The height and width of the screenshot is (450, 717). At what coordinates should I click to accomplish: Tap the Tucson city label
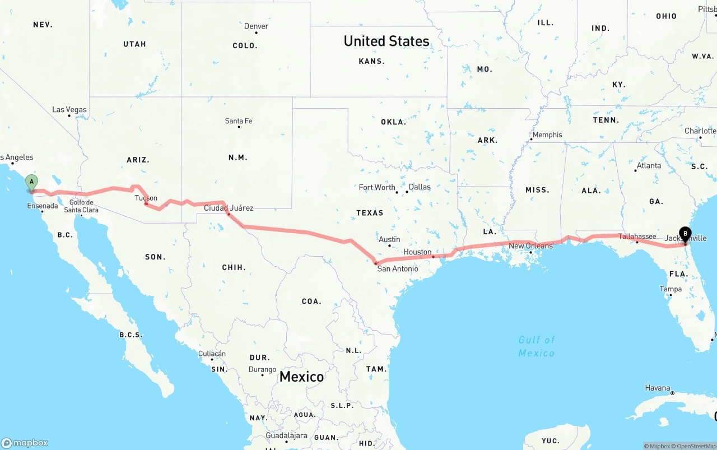[x=146, y=198]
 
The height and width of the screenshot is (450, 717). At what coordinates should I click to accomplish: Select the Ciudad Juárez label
[x=228, y=208]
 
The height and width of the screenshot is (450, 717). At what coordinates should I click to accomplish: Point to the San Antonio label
[x=397, y=268]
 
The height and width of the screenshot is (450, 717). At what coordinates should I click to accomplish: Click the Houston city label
[x=417, y=252]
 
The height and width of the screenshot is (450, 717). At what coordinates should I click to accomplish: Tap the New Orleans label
[x=530, y=245]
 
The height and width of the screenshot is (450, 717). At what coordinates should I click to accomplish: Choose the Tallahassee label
[x=637, y=236]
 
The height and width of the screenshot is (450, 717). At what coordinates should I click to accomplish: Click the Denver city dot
[x=256, y=33]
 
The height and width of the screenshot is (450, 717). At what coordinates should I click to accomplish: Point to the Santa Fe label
[x=238, y=120]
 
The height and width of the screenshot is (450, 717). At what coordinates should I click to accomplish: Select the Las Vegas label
[x=69, y=109]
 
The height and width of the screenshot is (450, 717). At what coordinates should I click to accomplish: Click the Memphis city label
[x=547, y=134]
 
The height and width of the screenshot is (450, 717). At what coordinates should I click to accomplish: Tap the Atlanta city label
[x=649, y=165]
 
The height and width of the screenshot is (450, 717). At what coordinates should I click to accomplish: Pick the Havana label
[x=657, y=388]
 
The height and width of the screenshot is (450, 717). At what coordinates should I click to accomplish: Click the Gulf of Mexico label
[x=536, y=346]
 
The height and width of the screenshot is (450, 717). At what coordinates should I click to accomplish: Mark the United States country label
[x=387, y=41]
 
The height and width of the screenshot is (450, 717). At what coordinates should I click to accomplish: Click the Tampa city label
[x=671, y=289]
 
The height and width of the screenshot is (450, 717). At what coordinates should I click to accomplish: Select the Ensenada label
[x=43, y=206]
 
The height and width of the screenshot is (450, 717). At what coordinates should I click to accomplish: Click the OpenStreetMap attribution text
[x=695, y=446]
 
